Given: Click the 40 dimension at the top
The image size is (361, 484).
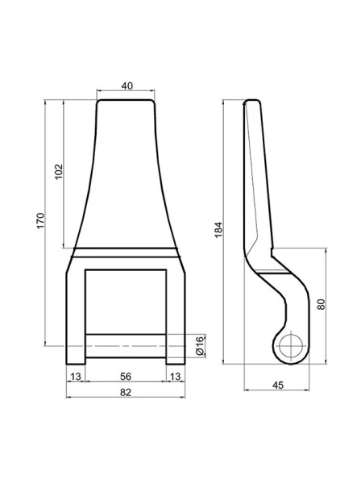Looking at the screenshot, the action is point(127,86).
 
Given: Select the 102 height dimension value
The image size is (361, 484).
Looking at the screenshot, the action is point(58,172).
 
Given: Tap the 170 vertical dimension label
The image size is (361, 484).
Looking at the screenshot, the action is point(41,221).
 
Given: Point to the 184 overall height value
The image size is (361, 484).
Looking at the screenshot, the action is point(218,230).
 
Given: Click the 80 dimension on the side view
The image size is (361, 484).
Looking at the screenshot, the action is point(321,304).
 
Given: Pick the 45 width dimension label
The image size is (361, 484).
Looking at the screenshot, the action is point(278,386).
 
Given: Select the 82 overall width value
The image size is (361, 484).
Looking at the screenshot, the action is point(126,392).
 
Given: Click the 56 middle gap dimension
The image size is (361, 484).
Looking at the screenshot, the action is point(126,376).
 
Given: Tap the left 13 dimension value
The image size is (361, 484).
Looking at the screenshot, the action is point(76,376).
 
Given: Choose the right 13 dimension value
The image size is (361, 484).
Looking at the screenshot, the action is point(176,376).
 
